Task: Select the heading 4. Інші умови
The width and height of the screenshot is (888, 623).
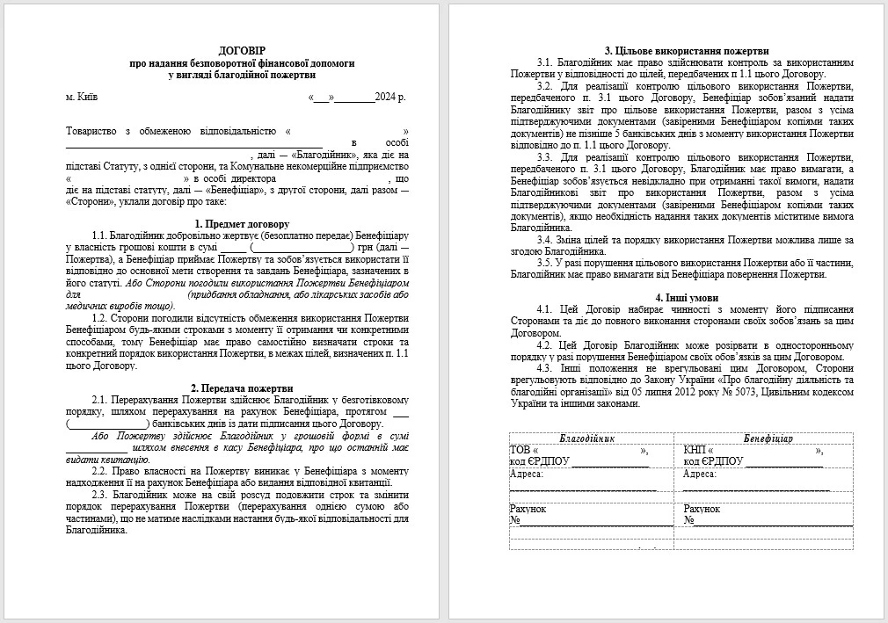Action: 681,297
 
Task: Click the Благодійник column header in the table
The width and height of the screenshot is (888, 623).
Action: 586,438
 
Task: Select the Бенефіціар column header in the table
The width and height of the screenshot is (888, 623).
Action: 768,438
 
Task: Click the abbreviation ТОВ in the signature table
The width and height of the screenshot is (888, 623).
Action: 521,450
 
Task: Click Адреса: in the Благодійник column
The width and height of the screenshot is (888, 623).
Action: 527,474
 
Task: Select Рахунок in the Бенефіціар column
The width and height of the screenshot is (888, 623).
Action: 702,509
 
